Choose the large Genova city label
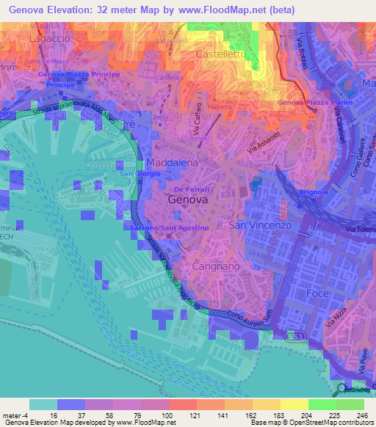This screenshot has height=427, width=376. [x=187, y=199]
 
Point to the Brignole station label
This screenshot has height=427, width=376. [x=313, y=192]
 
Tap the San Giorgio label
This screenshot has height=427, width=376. [x=136, y=173]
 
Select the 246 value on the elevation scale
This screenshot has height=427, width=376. [x=361, y=415]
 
